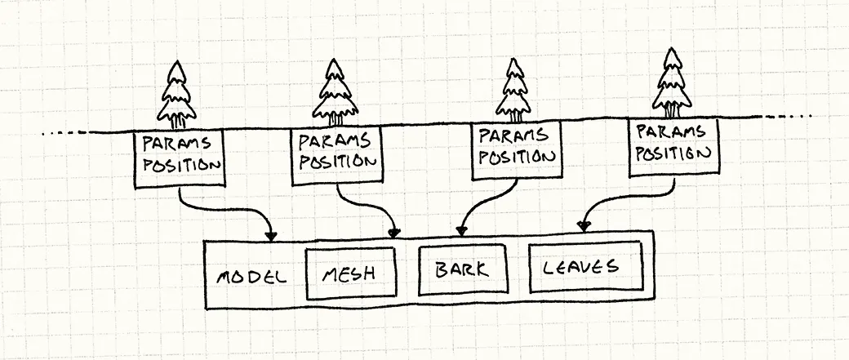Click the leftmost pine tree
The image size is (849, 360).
(176, 95)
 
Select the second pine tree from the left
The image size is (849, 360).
(334, 92)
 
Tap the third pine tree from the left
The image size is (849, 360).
(513, 91)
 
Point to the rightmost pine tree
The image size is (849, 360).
(672, 84)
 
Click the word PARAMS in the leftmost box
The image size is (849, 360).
(176, 143)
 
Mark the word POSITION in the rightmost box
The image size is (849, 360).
(674, 152)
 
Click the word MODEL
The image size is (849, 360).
(251, 275)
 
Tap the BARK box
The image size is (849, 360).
(461, 270)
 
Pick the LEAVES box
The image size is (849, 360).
(585, 267)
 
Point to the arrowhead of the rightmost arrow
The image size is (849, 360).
(584, 224)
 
